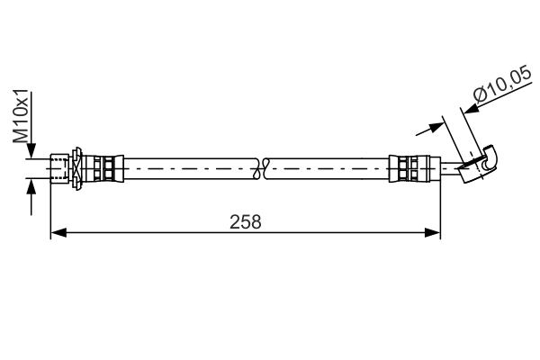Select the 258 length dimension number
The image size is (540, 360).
click(x=245, y=221)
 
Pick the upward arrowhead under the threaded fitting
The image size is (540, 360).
click(x=31, y=185)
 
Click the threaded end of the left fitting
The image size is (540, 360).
click(x=59, y=167)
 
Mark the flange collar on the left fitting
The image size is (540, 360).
click(x=79, y=167)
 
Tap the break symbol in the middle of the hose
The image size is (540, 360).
click(x=262, y=167)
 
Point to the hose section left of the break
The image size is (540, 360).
click(x=189, y=167)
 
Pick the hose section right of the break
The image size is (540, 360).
click(x=328, y=167)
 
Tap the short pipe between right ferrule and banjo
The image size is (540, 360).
click(x=441, y=167)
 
